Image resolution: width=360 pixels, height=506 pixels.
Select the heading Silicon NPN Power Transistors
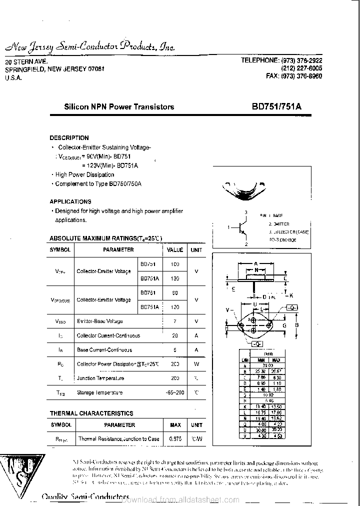click(x=119, y=106)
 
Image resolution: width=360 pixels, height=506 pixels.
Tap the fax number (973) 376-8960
click(x=294, y=76)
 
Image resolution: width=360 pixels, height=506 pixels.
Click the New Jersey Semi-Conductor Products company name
click(x=90, y=47)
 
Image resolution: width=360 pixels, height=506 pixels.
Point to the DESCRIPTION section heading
click(x=69, y=137)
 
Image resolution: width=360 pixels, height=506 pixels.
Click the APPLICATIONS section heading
click(x=70, y=201)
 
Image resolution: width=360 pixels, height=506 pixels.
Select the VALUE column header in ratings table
click(x=175, y=249)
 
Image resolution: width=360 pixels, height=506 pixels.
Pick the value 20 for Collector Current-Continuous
click(x=175, y=335)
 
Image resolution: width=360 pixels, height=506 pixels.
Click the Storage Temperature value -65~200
click(x=175, y=392)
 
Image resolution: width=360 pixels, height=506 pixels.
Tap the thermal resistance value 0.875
click(x=175, y=438)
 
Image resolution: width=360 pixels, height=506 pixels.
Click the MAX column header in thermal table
click(x=175, y=425)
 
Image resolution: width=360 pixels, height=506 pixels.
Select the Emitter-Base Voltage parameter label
click(x=99, y=321)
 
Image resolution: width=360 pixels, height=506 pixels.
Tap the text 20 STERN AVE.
click(x=25, y=62)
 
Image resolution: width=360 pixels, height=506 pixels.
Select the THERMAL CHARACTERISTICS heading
click(x=91, y=413)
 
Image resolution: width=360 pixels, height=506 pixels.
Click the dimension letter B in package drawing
click(x=296, y=325)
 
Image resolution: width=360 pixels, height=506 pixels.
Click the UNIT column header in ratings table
click(x=196, y=249)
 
